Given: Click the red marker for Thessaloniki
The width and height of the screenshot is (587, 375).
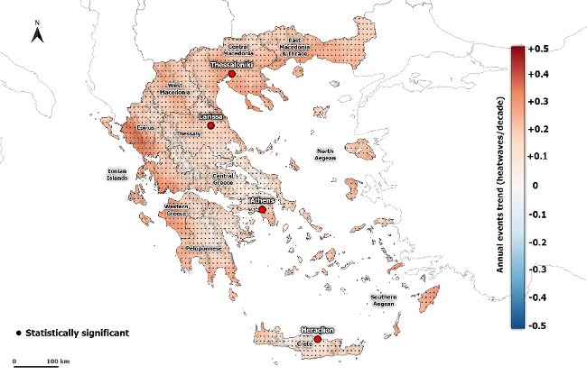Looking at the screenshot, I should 231,76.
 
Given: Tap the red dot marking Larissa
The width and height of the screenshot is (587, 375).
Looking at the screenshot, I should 210,126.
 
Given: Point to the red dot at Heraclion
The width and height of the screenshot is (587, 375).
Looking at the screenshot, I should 318,340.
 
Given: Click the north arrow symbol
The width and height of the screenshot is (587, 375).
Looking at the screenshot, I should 38,35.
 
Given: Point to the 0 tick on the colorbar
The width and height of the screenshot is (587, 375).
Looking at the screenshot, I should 536,185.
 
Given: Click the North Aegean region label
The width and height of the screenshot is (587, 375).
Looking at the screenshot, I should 325,154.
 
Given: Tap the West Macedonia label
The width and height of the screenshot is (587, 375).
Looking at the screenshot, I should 174,88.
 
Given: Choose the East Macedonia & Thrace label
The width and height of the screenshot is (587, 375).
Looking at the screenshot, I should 295,47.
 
